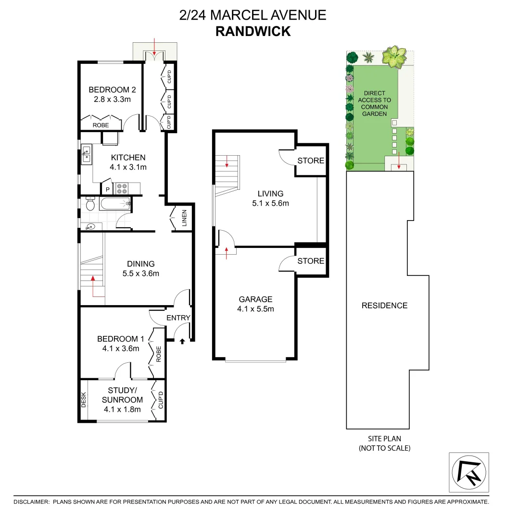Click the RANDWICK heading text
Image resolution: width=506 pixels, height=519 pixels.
click(253, 31)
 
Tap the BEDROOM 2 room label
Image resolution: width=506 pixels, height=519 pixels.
click(112, 90)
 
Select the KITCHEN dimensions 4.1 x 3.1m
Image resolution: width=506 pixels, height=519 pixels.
click(128, 167)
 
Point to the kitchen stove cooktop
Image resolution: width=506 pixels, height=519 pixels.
click(121, 188)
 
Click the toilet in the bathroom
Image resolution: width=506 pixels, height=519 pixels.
click(90, 205)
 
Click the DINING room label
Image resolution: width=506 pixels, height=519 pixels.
click(140, 264)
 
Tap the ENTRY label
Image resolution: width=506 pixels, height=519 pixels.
click(178, 318)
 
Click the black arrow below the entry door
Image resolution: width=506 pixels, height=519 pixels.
click(182, 342)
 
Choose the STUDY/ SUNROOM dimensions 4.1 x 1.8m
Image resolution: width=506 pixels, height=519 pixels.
click(122, 409)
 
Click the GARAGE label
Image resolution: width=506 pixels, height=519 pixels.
click(255, 299)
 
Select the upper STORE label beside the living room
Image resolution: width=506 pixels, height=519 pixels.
click(310, 161)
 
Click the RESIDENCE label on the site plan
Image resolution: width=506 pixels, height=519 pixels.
click(384, 306)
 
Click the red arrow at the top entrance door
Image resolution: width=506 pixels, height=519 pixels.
click(154, 46)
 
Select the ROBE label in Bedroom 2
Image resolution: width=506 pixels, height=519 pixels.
click(101, 125)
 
